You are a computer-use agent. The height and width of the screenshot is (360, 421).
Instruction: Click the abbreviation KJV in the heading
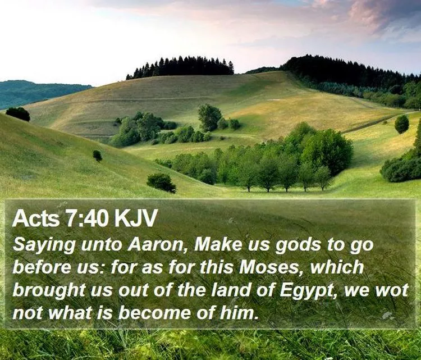135,218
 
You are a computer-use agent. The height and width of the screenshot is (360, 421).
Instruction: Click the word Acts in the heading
36,218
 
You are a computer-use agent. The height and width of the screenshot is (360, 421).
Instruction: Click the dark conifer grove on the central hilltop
180,66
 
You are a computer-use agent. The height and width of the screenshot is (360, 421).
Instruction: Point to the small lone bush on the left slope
97,156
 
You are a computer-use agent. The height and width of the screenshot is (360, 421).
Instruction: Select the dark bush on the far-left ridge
18,114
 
